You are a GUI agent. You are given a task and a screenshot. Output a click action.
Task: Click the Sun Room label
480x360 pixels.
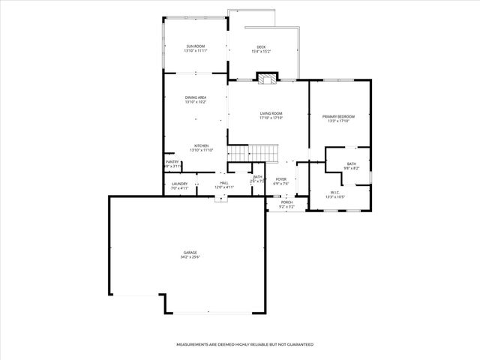point(196,46)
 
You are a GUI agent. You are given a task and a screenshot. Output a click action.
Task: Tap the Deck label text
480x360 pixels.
point(261,46)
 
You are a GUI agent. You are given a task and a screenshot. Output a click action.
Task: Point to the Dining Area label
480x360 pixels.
point(196,97)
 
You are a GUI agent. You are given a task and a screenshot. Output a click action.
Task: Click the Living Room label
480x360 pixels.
point(271,113)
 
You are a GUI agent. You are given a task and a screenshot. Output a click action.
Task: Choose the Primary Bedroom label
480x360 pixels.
point(338,116)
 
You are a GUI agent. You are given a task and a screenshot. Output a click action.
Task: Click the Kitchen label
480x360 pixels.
point(201,145)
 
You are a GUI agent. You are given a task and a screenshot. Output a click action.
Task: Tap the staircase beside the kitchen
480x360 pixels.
point(239,153)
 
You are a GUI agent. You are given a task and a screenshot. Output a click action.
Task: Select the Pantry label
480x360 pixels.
point(172,161)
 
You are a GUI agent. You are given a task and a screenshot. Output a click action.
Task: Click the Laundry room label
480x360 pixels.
point(179,183)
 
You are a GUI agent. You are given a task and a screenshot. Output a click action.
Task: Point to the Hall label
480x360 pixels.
point(223,183)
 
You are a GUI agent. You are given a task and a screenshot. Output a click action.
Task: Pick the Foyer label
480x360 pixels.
point(281,179)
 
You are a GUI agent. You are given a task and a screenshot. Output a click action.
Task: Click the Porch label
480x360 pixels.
point(286,202)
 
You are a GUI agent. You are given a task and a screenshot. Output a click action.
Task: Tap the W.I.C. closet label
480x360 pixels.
point(335,193)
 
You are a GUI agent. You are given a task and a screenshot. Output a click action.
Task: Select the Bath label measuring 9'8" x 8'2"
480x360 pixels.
point(351,164)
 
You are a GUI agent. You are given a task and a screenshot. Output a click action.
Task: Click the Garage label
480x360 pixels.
point(190,253)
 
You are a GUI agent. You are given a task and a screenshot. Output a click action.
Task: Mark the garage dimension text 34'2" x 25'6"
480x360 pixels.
point(190,257)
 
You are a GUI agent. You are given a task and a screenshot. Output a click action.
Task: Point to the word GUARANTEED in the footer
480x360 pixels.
point(298,344)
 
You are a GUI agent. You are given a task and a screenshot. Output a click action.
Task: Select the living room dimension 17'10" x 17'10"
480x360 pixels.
point(271,118)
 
